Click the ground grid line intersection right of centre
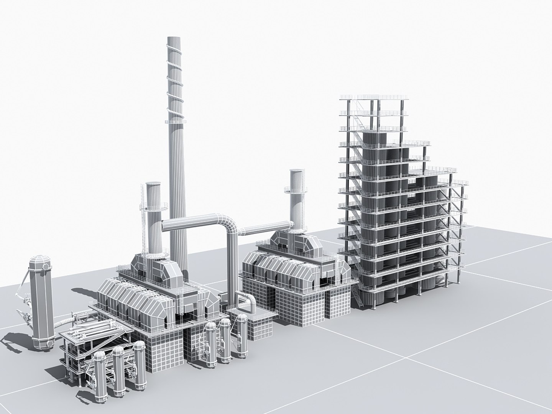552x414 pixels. pyautogui.click(x=406, y=358)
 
